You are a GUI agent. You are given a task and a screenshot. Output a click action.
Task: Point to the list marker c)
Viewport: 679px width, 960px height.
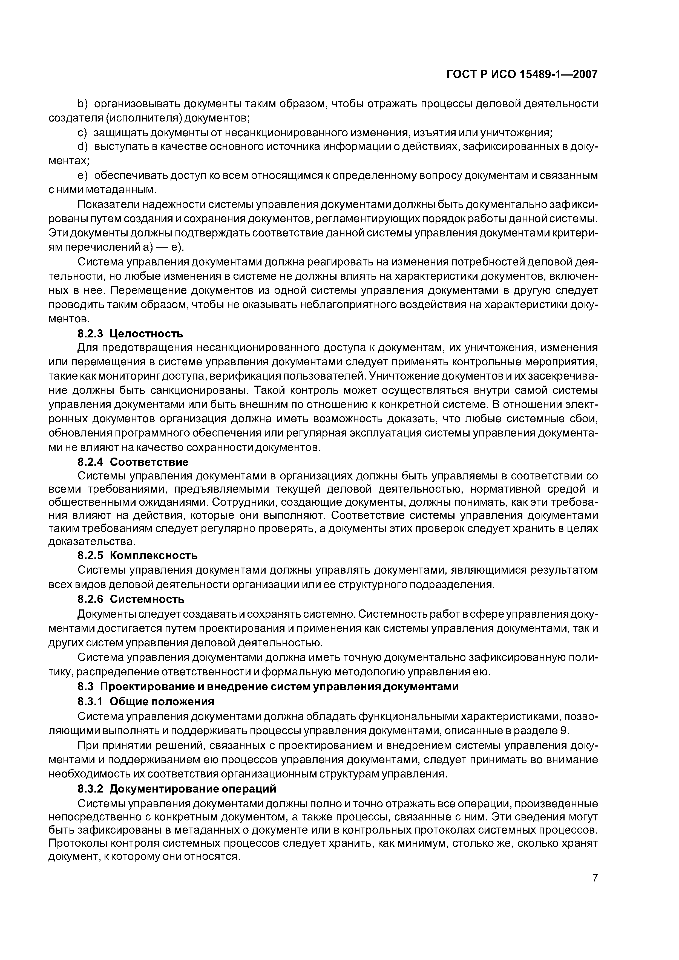click(82, 133)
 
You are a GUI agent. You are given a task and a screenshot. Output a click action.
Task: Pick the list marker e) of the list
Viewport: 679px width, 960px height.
click(82, 176)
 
